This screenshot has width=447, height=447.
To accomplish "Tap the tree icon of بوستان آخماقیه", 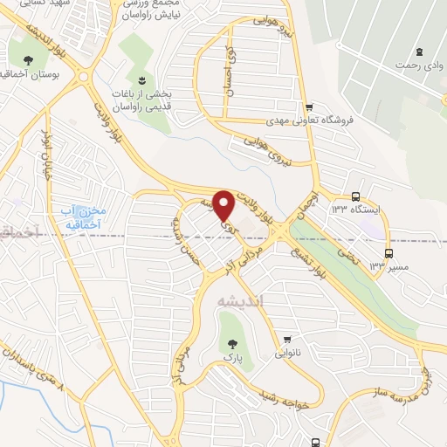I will pyautogui.click(x=30, y=59).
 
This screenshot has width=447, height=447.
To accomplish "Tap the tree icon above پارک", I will pyautogui.click(x=232, y=344).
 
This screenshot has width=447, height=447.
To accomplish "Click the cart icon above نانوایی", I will pyautogui.click(x=287, y=338).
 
